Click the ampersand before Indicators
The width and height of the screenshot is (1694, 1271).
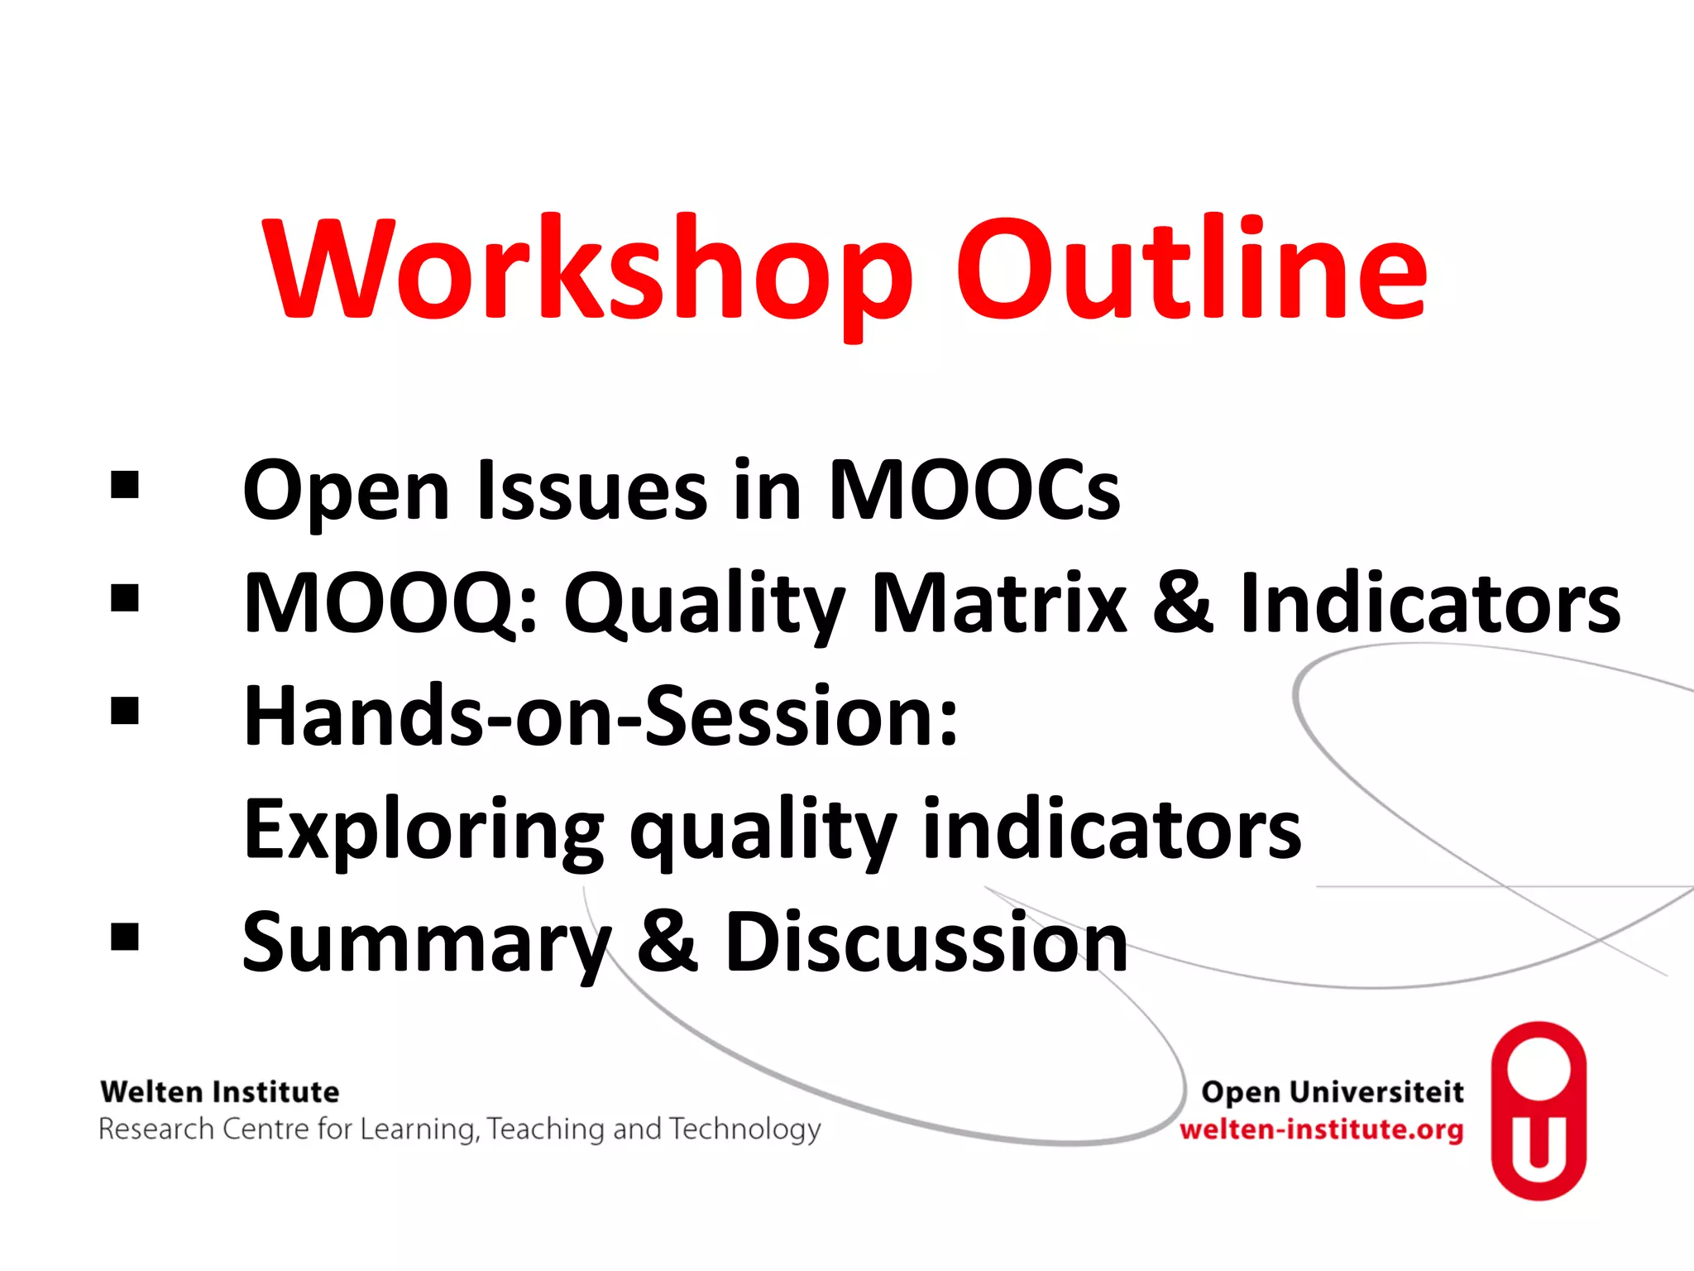[x=1183, y=604]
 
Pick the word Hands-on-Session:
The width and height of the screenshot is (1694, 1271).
[x=601, y=717]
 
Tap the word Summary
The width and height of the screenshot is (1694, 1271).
[x=427, y=943]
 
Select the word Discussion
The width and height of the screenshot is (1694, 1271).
[x=926, y=943]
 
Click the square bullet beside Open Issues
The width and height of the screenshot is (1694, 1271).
[x=125, y=486]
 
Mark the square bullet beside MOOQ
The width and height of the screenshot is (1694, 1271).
[x=125, y=598]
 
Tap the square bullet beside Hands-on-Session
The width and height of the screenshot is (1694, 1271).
[x=125, y=711]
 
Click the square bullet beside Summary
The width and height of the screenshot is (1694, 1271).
[x=125, y=938]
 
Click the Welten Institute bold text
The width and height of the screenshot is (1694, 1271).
[x=219, y=1092]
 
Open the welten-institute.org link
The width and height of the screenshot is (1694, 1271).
[x=1321, y=1130]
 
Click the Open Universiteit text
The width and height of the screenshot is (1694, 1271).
[x=1332, y=1092]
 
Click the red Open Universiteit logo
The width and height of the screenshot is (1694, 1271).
[x=1538, y=1110]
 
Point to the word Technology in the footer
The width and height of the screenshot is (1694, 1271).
[x=745, y=1130]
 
